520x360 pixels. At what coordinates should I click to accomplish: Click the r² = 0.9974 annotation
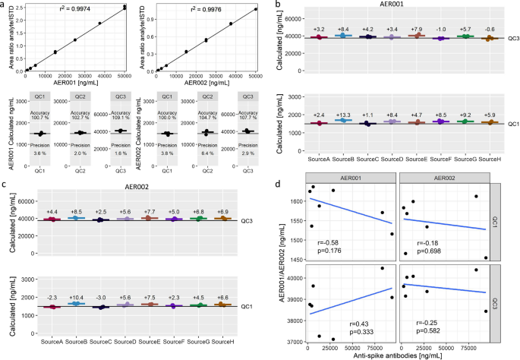click(x=76, y=12)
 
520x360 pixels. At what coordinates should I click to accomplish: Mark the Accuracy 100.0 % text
click(x=169, y=118)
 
